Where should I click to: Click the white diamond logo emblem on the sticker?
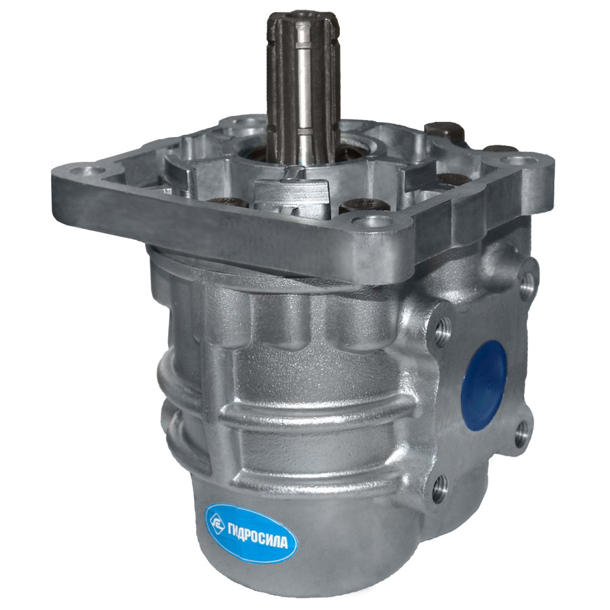[x=217, y=524]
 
